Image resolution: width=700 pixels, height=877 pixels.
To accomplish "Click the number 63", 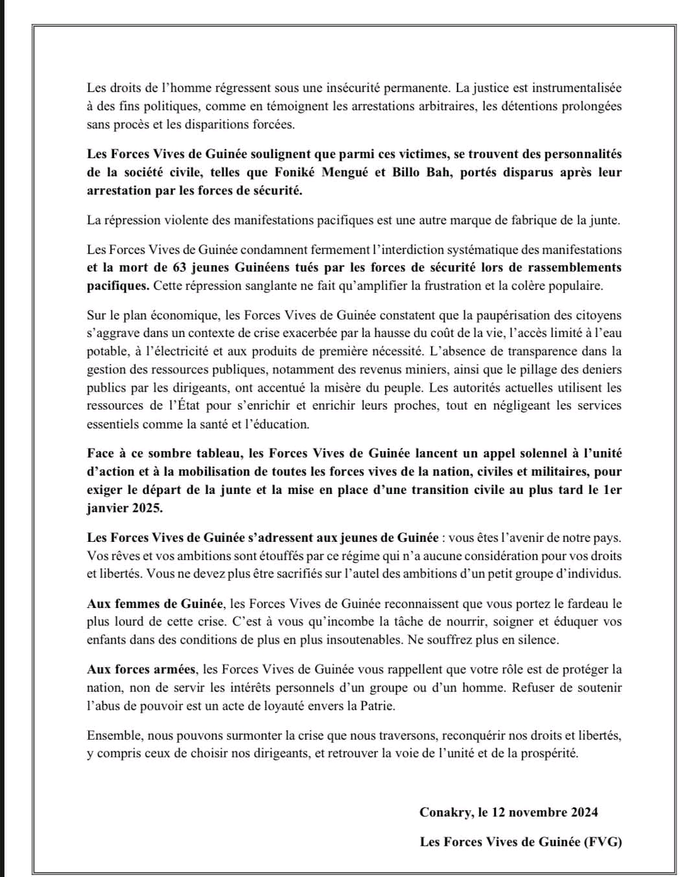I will coord(180,268).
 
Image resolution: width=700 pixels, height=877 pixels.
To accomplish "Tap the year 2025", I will coord(147,508).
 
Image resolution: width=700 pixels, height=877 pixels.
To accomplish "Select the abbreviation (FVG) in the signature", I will coord(602,842).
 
